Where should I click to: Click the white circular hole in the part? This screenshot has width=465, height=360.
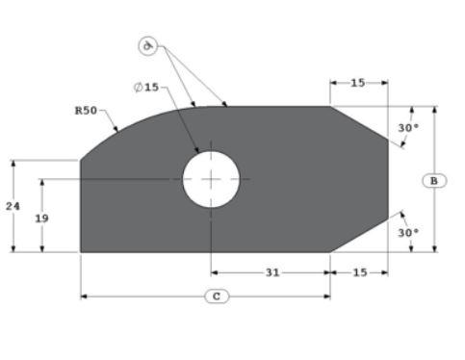click(211, 179)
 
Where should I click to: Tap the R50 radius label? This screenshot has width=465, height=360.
click(87, 111)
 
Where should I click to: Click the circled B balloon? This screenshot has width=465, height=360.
click(434, 180)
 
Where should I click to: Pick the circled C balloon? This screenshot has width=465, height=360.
click(217, 296)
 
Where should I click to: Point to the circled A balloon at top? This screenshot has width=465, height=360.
click(147, 45)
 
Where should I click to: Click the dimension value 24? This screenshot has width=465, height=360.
click(13, 206)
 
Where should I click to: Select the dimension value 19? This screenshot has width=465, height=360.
click(42, 219)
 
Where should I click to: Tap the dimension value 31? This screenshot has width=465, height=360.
click(272, 272)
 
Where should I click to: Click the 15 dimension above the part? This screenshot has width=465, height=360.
click(358, 83)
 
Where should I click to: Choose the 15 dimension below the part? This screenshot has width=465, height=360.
click(359, 272)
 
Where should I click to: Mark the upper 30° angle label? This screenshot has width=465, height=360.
click(408, 128)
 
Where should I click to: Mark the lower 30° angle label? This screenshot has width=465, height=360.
click(408, 233)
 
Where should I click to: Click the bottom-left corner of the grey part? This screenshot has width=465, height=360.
click(81, 251)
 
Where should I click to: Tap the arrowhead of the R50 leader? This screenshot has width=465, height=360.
click(117, 131)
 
